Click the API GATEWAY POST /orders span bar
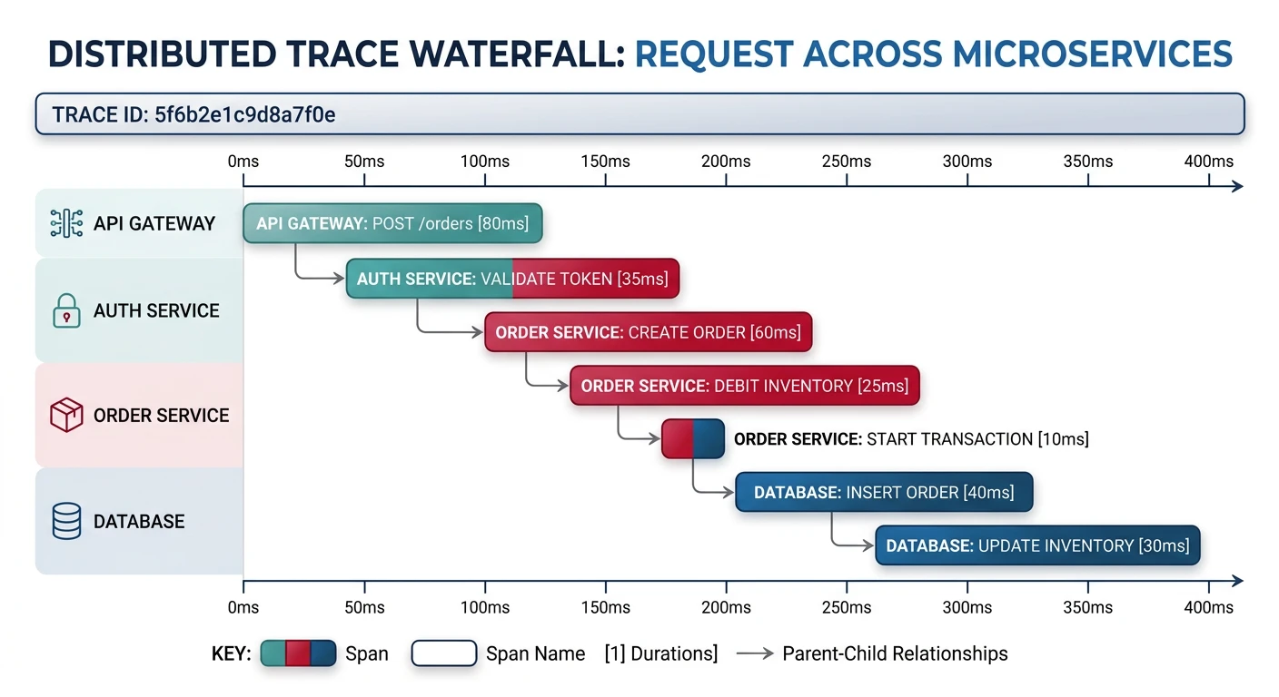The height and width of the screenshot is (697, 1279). tap(392, 223)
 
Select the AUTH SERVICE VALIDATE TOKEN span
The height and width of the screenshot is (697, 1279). tap(512, 279)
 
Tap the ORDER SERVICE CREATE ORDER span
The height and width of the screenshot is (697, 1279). tap(648, 333)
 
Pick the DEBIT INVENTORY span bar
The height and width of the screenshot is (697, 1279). tap(744, 386)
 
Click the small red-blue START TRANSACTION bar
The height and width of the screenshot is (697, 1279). tap(692, 438)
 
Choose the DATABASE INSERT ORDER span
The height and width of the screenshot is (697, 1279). tap(883, 492)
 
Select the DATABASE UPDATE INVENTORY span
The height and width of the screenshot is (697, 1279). tap(1037, 545)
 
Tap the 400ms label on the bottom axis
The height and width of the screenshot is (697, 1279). tap(1209, 606)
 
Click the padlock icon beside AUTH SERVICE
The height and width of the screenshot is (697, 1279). tap(66, 311)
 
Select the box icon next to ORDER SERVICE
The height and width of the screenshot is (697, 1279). tap(66, 416)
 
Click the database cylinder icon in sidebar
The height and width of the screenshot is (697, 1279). tap(66, 522)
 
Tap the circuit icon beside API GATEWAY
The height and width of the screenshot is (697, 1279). tap(66, 223)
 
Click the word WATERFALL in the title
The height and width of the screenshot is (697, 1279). tap(511, 54)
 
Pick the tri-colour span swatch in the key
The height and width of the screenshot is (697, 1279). tap(298, 653)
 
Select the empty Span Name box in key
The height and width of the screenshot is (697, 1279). tap(444, 653)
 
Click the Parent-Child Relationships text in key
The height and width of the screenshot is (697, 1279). tap(895, 653)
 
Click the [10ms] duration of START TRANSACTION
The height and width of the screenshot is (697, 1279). tap(1063, 439)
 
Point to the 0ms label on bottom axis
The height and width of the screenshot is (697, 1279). tap(243, 606)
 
